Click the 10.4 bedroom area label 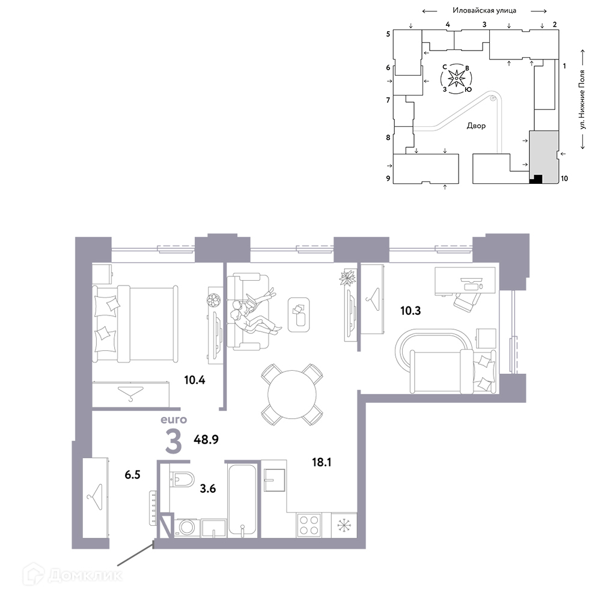coord(195,380)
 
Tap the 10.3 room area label coord(410,311)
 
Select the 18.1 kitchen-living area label coord(322,462)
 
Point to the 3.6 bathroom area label coord(208,489)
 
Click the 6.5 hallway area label coord(133,475)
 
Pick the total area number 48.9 coord(206,439)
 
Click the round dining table coord(292,395)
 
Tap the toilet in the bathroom coord(182,479)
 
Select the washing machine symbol coord(187,527)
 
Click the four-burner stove coord(309,525)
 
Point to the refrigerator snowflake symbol coord(344,525)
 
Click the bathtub coord(242,499)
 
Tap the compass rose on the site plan coord(457,79)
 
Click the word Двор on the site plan coord(476,126)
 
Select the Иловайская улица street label coord(484,10)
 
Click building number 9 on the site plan coord(388,178)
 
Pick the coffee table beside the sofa coord(299,315)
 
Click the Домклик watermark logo coord(73,575)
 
